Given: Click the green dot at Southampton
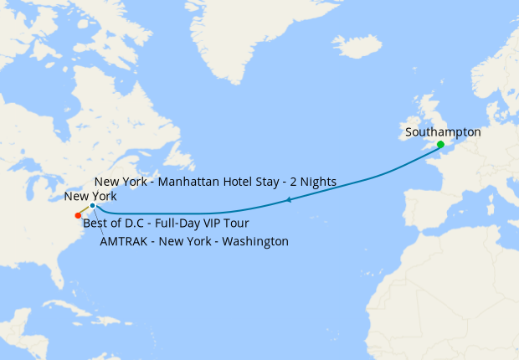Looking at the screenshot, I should (440, 145).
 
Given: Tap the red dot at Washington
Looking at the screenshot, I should (78, 215).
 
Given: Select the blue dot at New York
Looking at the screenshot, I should (92, 205).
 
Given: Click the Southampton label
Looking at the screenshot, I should (443, 132).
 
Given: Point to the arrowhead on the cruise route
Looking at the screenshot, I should (289, 199).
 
